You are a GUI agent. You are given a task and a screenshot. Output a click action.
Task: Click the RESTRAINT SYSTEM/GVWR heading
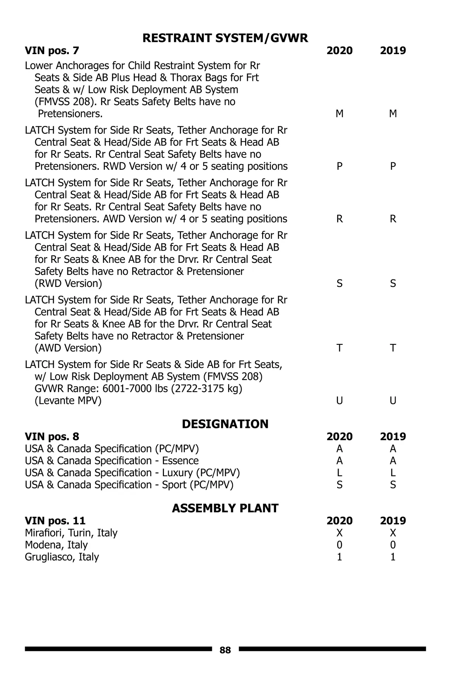pos(225,38)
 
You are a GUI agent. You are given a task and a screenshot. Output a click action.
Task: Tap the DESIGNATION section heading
pos(225,424)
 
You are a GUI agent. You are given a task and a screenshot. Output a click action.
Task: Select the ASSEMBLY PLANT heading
pos(225,508)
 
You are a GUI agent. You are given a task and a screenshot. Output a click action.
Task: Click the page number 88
pos(225,650)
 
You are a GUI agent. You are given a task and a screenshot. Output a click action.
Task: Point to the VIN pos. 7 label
pos(52,51)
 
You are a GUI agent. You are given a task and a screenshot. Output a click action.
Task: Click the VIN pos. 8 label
pos(52,437)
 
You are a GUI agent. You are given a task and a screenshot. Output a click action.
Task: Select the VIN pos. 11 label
pos(55,521)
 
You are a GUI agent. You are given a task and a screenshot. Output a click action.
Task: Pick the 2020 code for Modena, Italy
pos(339,545)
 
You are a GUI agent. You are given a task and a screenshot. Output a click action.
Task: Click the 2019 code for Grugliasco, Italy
pos(393,557)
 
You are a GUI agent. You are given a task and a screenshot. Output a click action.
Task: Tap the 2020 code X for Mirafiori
pos(339,533)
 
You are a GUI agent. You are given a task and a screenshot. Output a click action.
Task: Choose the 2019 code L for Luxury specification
pos(393,473)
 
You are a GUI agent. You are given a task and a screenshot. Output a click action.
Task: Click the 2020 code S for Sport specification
pos(339,485)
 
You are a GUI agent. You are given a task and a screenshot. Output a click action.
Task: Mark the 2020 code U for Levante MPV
pos(339,401)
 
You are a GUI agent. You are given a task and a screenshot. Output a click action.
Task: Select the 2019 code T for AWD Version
pos(393,348)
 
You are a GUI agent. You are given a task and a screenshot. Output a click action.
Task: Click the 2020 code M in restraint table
pos(339,114)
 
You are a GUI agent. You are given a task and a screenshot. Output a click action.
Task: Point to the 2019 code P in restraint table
pos(393,166)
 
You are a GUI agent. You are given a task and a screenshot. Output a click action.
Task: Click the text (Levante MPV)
pos(68,401)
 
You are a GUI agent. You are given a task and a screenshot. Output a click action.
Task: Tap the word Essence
pos(180,461)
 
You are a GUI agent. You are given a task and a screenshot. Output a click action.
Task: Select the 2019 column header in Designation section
pos(393,437)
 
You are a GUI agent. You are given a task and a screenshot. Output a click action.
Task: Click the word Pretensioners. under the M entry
pos(70,114)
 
